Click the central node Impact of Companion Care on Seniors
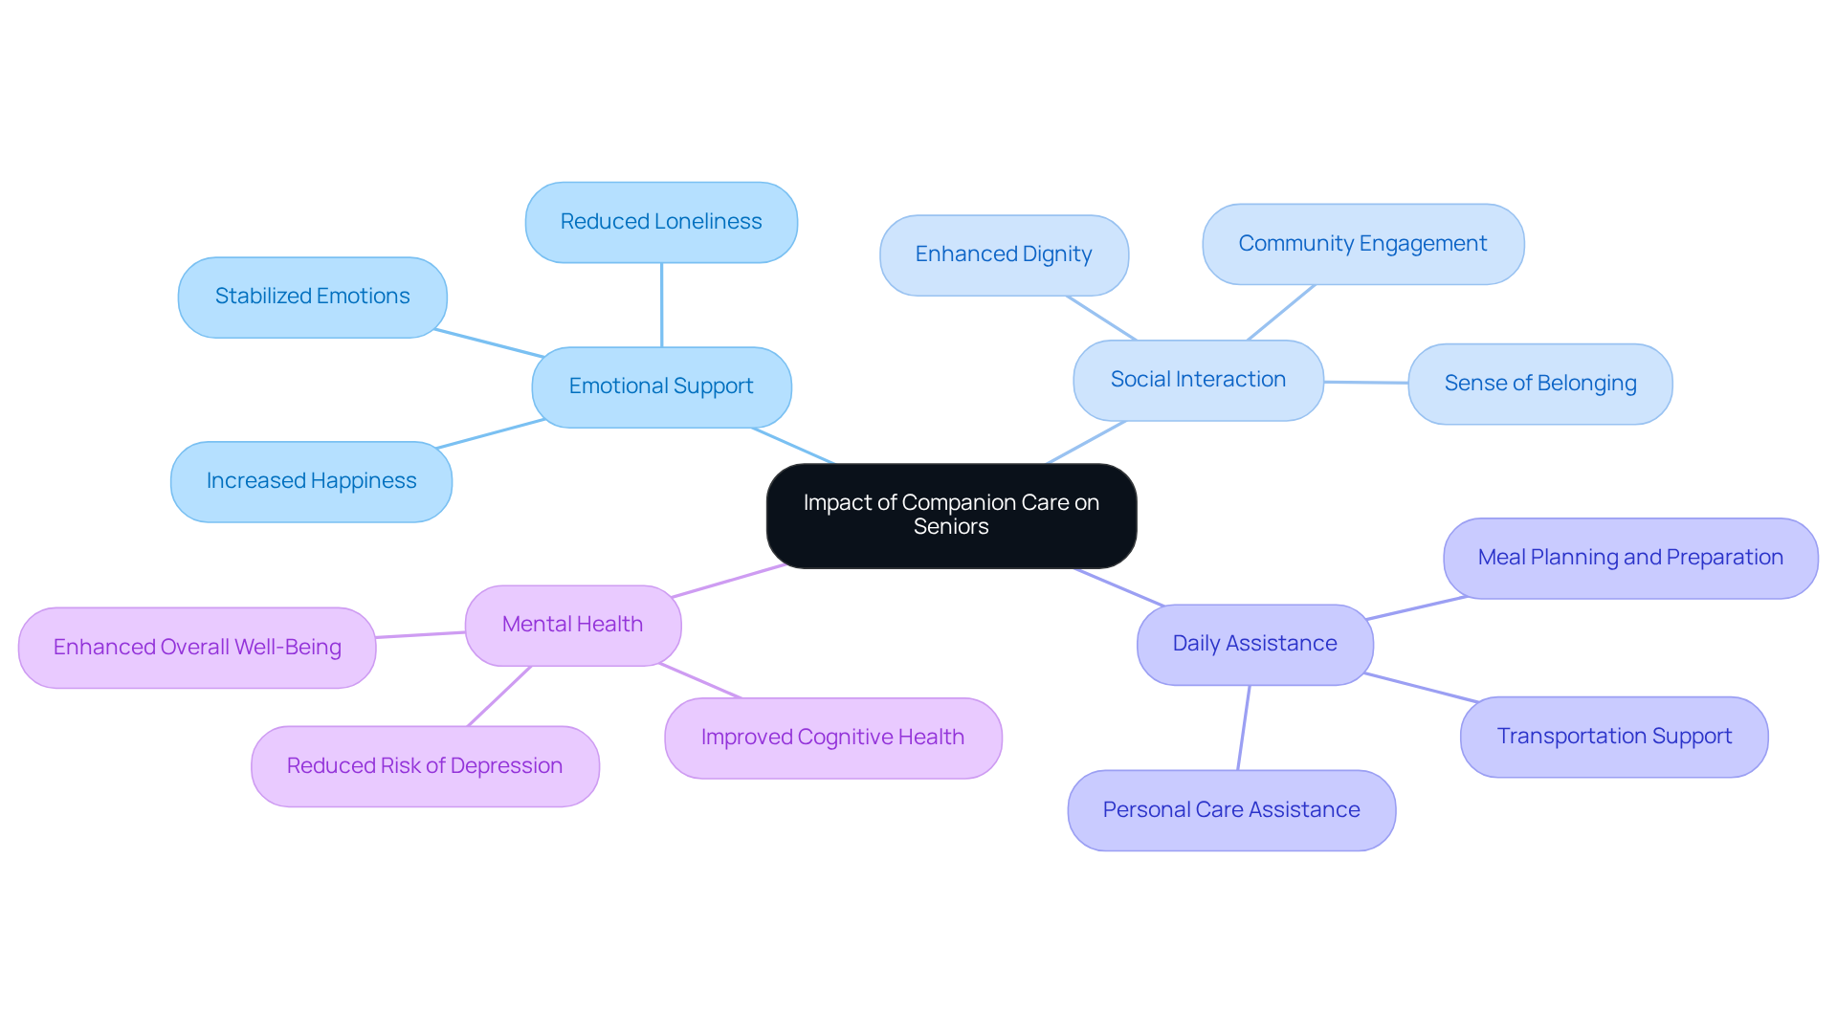click(x=951, y=516)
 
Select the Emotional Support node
click(x=661, y=386)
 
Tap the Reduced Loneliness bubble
click(x=661, y=222)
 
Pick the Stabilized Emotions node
click(x=312, y=297)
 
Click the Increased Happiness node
click(x=311, y=481)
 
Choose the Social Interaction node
click(x=1198, y=380)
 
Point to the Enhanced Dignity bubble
click(x=1004, y=254)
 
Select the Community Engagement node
click(x=1362, y=244)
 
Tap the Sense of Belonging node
click(x=1539, y=384)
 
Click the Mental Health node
click(x=572, y=625)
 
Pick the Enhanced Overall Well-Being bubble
click(x=197, y=648)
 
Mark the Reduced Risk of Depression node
click(x=425, y=766)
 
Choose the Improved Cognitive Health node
click(x=832, y=738)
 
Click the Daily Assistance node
click(x=1254, y=644)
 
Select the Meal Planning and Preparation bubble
click(x=1630, y=558)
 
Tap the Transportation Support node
click(x=1614, y=737)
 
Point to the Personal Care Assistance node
click(x=1231, y=810)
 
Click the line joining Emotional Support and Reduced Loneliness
click(x=661, y=304)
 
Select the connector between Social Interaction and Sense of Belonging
click(x=1365, y=382)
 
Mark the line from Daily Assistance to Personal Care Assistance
click(x=1244, y=727)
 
